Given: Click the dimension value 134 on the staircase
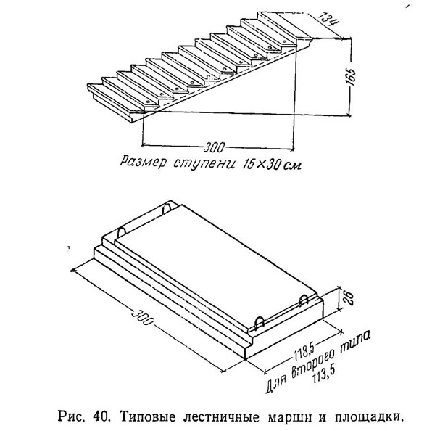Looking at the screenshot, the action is pyautogui.click(x=329, y=19).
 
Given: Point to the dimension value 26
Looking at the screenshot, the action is pyautogui.click(x=347, y=297).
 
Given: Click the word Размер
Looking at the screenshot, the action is pyautogui.click(x=143, y=163).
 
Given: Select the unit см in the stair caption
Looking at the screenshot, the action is pyautogui.click(x=292, y=165).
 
